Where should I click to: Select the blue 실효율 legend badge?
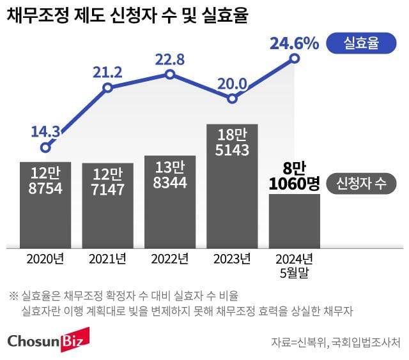(361, 43)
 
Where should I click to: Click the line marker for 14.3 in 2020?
(45, 147)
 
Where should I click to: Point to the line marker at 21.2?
(107, 87)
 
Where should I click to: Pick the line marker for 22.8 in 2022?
(170, 74)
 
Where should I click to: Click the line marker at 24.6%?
(295, 58)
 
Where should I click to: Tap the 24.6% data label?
(294, 43)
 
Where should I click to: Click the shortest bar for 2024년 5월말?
(295, 221)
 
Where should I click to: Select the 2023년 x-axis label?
(233, 259)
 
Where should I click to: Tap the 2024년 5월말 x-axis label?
(295, 265)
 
